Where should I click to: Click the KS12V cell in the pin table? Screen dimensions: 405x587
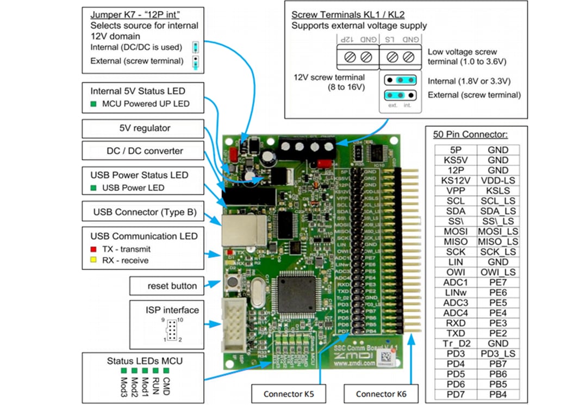click(456, 180)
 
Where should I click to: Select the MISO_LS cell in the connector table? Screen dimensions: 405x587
click(498, 241)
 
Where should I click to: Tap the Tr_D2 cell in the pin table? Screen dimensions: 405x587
click(456, 343)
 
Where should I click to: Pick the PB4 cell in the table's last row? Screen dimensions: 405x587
click(498, 394)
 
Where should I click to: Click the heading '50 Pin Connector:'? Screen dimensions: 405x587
click(470, 134)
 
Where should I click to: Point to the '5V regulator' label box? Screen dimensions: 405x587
click(144, 129)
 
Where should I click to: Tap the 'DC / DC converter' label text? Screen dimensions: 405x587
click(144, 151)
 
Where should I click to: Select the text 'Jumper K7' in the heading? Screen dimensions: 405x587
click(113, 14)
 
